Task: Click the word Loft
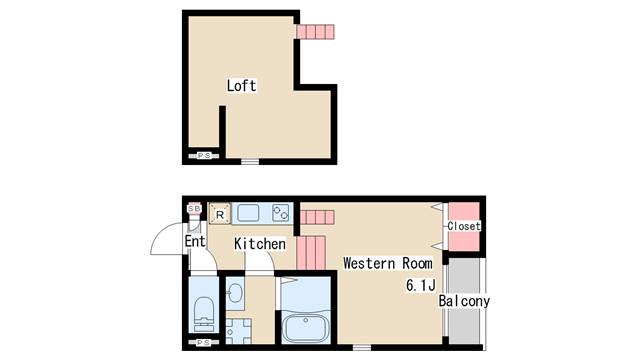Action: coord(242,86)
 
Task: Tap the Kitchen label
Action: coord(260,244)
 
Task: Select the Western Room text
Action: coord(388,263)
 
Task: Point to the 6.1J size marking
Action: coord(421,285)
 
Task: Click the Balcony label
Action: coord(464,301)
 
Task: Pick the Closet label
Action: coord(464,226)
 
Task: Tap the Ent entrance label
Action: coord(195,241)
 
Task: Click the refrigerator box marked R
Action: coord(220,214)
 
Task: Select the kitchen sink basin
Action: coord(248,213)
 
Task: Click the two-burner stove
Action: coord(281,213)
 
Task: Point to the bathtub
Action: coord(306,328)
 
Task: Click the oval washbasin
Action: coord(235,293)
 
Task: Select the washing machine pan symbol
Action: coord(238,331)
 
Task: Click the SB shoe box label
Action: coord(194,209)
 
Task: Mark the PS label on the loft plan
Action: coord(204,156)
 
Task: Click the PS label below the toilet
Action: coord(204,342)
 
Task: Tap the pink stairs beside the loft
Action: coord(315,32)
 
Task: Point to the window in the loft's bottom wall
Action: coord(250,162)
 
